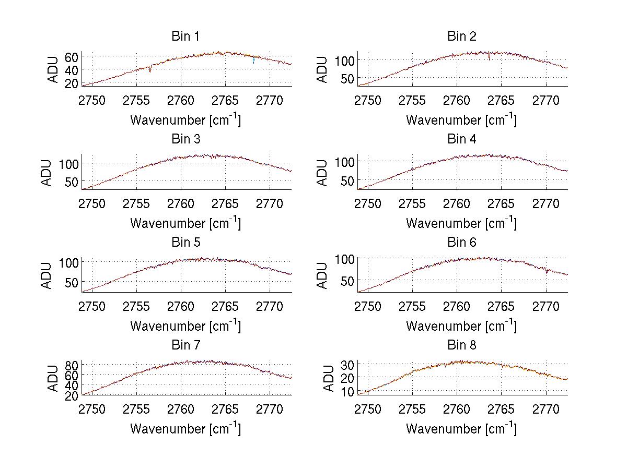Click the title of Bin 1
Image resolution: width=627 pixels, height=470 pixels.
coord(185,37)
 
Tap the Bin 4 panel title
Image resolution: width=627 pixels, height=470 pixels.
coord(461,139)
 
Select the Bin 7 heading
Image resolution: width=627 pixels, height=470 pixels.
coord(185,345)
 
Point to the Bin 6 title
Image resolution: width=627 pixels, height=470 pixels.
coord(461,243)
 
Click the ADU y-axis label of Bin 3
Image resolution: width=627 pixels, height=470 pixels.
coord(47,172)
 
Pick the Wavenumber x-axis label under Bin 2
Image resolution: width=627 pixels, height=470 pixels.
coord(461,120)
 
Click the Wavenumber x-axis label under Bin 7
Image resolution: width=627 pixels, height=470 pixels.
coord(185,429)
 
